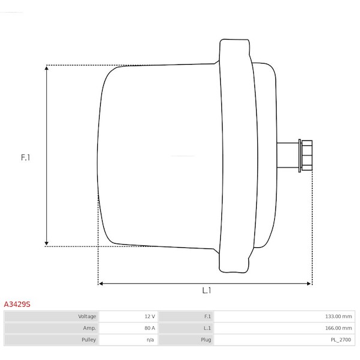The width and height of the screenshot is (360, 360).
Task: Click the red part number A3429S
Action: pos(17,304)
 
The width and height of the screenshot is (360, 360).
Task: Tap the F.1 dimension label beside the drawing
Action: pos(25,157)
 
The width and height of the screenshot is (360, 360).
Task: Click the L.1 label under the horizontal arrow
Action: pos(206,290)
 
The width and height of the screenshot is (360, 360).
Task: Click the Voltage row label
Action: pos(87,316)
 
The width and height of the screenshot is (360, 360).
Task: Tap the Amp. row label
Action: pos(89,328)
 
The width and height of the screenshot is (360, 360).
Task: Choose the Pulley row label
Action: pos(89,340)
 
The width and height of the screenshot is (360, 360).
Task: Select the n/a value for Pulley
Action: pos(150,340)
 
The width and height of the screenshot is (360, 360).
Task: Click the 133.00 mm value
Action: pos(338,316)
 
